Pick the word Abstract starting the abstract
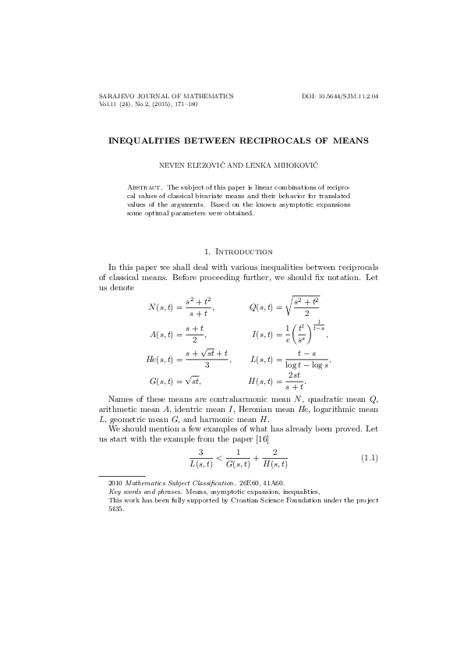coord(144,188)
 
